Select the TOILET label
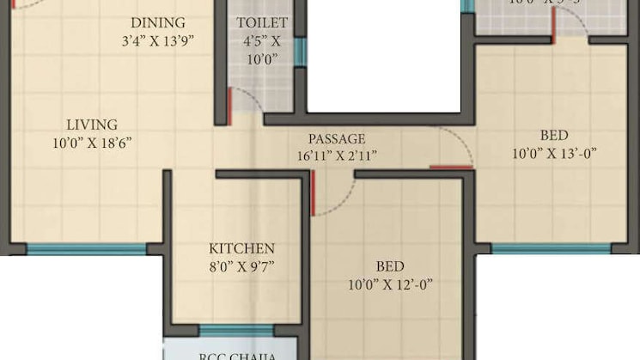click(262, 23)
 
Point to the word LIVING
click(92, 125)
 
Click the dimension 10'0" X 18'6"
click(92, 143)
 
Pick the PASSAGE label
click(338, 138)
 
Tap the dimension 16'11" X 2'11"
click(338, 156)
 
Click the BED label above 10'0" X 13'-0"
click(553, 136)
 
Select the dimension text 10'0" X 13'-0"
click(553, 154)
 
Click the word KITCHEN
click(241, 248)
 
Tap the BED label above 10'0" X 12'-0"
click(389, 266)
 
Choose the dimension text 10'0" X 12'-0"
click(389, 284)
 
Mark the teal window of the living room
click(86, 249)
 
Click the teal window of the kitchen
click(236, 330)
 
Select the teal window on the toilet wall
click(300, 52)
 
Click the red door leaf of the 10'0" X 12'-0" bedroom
click(314, 193)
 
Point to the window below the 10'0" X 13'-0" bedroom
click(551, 249)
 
